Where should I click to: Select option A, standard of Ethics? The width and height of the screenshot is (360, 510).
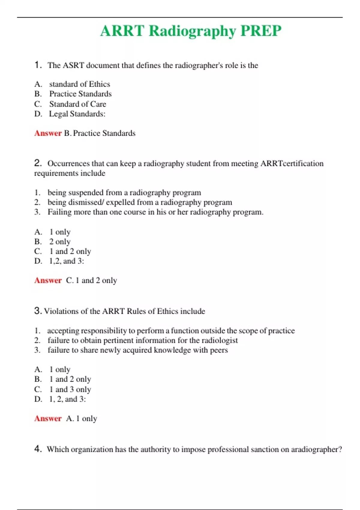tap(79, 84)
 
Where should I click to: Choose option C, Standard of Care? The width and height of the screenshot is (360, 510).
tap(77, 104)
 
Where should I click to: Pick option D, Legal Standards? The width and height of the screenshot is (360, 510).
tap(77, 114)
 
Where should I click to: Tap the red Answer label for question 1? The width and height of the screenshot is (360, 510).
tap(48, 133)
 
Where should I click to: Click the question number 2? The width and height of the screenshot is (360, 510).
tap(37, 163)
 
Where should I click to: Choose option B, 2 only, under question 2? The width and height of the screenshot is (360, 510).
tap(60, 242)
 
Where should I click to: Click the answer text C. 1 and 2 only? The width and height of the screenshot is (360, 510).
tap(91, 280)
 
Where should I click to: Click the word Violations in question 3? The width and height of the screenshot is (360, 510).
tap(61, 311)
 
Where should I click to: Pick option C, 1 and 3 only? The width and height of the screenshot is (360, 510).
tap(70, 389)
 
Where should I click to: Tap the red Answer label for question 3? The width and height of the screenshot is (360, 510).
tap(48, 418)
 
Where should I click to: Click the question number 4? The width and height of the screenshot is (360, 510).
tap(37, 449)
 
